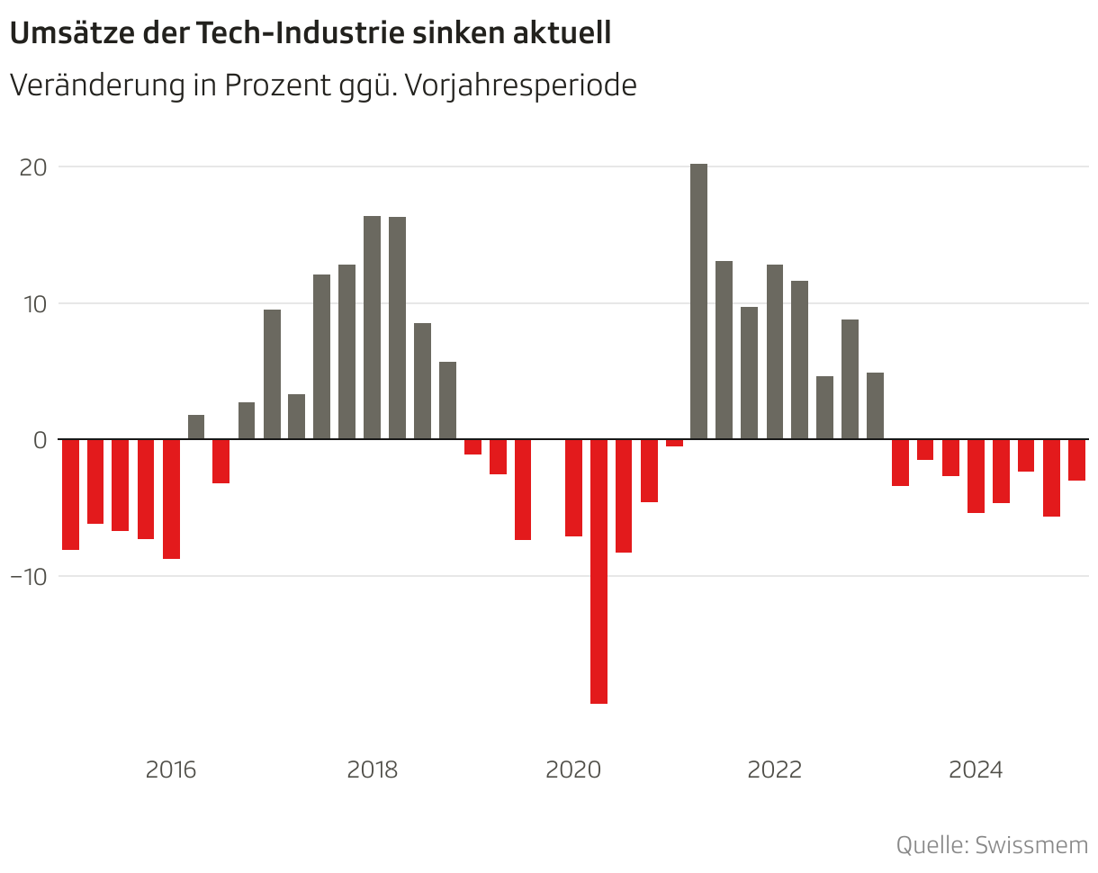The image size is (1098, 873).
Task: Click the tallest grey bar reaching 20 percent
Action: pyautogui.click(x=698, y=301)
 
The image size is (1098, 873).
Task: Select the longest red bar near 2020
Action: pyautogui.click(x=598, y=571)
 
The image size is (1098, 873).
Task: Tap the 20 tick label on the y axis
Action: pyautogui.click(x=32, y=167)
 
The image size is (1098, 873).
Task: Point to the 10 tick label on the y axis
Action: pyautogui.click(x=32, y=303)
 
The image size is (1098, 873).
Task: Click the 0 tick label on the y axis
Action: pyautogui.click(x=40, y=440)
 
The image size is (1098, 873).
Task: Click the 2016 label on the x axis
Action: pyautogui.click(x=170, y=770)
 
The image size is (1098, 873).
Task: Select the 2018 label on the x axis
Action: pyautogui.click(x=372, y=770)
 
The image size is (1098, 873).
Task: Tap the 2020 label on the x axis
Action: pyautogui.click(x=573, y=770)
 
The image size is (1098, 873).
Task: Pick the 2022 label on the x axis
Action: pyautogui.click(x=775, y=770)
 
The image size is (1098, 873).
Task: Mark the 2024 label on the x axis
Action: pyautogui.click(x=976, y=770)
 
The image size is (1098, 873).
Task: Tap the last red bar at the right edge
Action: pyautogui.click(x=1076, y=460)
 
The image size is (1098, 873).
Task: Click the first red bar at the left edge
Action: pyautogui.click(x=70, y=494)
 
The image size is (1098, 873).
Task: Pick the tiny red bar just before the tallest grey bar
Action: pyautogui.click(x=674, y=443)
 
